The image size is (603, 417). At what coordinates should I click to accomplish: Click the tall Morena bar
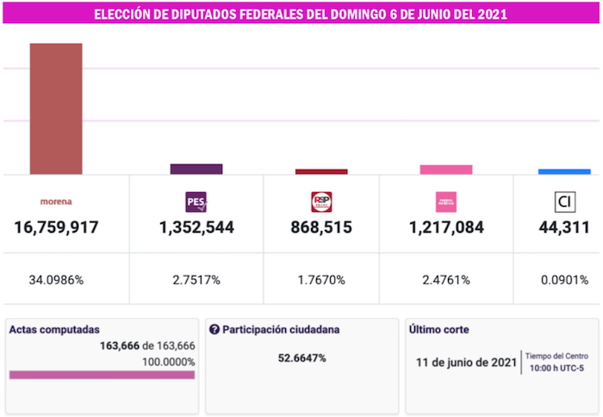[x=56, y=109]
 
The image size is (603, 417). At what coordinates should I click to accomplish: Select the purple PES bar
[x=196, y=169]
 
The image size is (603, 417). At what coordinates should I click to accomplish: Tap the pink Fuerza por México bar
[x=446, y=170]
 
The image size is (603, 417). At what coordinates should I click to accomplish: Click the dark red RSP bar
[x=321, y=171]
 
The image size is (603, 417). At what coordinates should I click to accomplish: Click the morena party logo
[x=56, y=202]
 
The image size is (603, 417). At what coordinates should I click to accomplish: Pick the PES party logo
[x=196, y=202]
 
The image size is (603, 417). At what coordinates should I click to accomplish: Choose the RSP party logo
[x=321, y=202]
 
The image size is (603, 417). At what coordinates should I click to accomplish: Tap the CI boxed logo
[x=565, y=202]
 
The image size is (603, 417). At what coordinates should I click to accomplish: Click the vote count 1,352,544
[x=196, y=228]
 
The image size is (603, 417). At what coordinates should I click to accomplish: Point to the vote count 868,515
[x=321, y=228]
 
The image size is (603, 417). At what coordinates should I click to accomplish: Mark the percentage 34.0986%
[x=56, y=280]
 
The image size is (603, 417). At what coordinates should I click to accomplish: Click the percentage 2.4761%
[x=446, y=280]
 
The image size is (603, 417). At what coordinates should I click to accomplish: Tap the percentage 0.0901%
[x=565, y=280]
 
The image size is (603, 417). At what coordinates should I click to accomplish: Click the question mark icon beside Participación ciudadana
[x=214, y=330]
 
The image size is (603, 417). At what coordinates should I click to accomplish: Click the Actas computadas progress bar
[x=102, y=375]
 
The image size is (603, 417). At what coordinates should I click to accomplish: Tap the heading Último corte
[x=439, y=330]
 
